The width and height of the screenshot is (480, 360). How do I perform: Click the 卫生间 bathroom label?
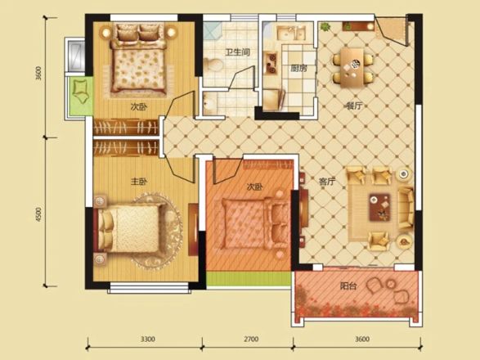(238, 52)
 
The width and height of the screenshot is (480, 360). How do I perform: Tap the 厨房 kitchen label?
(298, 68)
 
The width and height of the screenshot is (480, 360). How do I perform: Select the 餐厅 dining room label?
(354, 106)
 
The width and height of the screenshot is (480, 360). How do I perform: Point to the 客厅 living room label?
(327, 182)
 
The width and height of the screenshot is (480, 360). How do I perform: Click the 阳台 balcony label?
(348, 286)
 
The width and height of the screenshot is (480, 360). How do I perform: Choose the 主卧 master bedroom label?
(139, 182)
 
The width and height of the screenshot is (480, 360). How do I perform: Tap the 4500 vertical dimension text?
(38, 214)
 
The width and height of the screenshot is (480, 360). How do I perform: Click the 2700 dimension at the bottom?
(251, 340)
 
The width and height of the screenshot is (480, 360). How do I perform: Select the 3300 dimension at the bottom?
(147, 340)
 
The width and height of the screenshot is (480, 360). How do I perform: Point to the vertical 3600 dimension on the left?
(38, 73)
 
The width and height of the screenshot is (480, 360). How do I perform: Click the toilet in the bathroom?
(213, 65)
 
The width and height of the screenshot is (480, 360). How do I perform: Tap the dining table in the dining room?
(352, 68)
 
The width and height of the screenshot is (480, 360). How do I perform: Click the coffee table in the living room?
(379, 207)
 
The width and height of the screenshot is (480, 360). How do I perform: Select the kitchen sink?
(291, 33)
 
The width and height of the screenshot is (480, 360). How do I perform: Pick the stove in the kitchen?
(271, 64)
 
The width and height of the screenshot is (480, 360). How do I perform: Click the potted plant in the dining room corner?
(325, 27)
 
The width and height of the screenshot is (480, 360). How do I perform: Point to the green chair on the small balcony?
(80, 91)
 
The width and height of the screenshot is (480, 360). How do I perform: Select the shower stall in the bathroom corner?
(212, 31)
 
